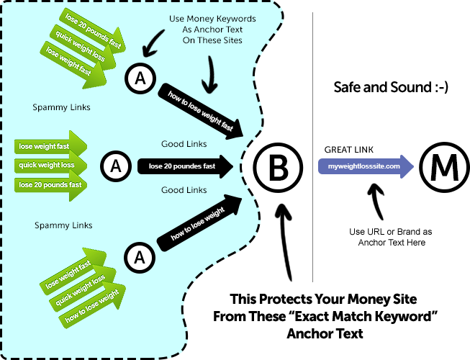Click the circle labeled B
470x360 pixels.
tap(278, 167)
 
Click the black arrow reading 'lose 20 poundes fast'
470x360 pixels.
tap(186, 166)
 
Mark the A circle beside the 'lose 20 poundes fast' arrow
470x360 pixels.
tap(113, 166)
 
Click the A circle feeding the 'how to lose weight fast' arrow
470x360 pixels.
tap(140, 77)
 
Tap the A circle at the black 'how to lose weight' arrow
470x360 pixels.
tap(140, 256)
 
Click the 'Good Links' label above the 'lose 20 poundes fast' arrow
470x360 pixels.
tap(184, 144)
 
